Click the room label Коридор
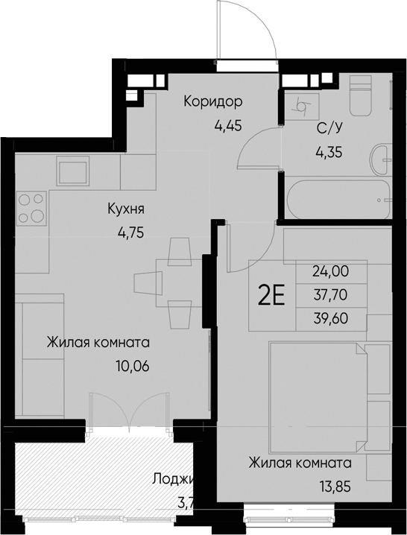(214, 101)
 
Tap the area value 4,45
(228, 124)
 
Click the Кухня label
(124, 209)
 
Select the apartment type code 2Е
(272, 297)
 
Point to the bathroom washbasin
(385, 156)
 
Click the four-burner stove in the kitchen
(31, 208)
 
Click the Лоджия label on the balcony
(172, 478)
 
